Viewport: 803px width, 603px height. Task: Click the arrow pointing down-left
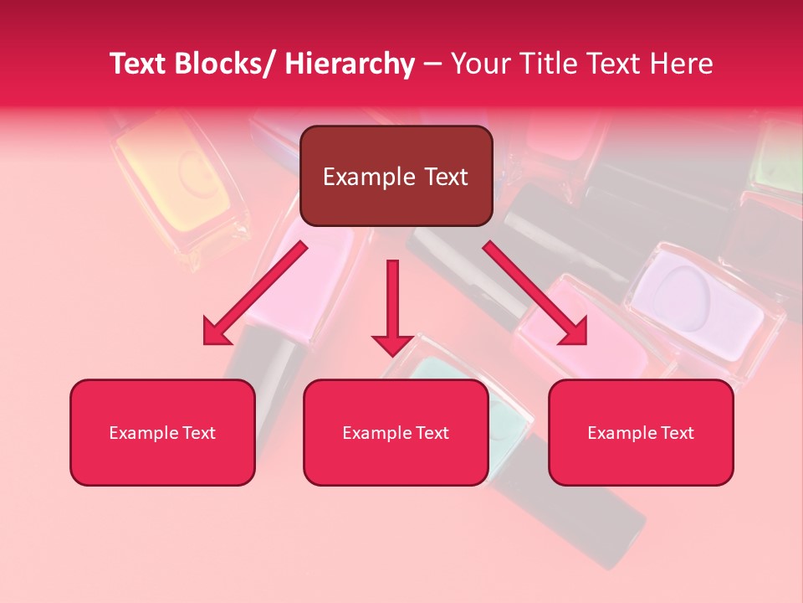254,294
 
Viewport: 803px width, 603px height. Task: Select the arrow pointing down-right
535,294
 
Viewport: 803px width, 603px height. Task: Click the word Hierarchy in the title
350,64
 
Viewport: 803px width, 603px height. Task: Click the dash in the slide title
432,64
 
